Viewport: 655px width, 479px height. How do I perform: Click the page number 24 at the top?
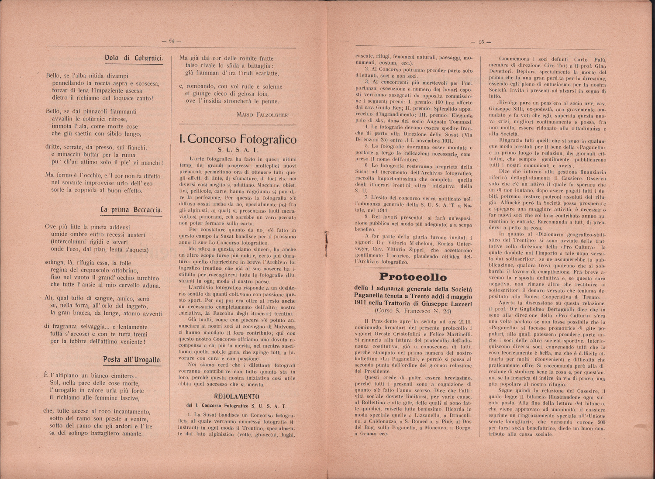point(171,41)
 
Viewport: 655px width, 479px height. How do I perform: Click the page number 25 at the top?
point(482,42)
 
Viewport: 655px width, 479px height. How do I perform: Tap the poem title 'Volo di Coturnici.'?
point(134,58)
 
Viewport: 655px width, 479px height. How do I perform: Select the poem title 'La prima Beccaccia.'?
point(131,210)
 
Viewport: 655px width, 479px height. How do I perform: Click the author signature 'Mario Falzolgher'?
point(262,114)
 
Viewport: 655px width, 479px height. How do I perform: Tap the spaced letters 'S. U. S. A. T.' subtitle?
point(238,150)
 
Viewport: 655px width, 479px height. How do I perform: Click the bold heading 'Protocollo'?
point(413,277)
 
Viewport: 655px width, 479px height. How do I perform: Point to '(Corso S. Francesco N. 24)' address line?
point(413,311)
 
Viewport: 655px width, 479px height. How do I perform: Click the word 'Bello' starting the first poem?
point(54,76)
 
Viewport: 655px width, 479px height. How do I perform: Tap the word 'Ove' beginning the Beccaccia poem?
point(50,227)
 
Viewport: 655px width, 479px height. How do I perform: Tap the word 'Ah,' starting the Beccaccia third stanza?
point(49,298)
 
